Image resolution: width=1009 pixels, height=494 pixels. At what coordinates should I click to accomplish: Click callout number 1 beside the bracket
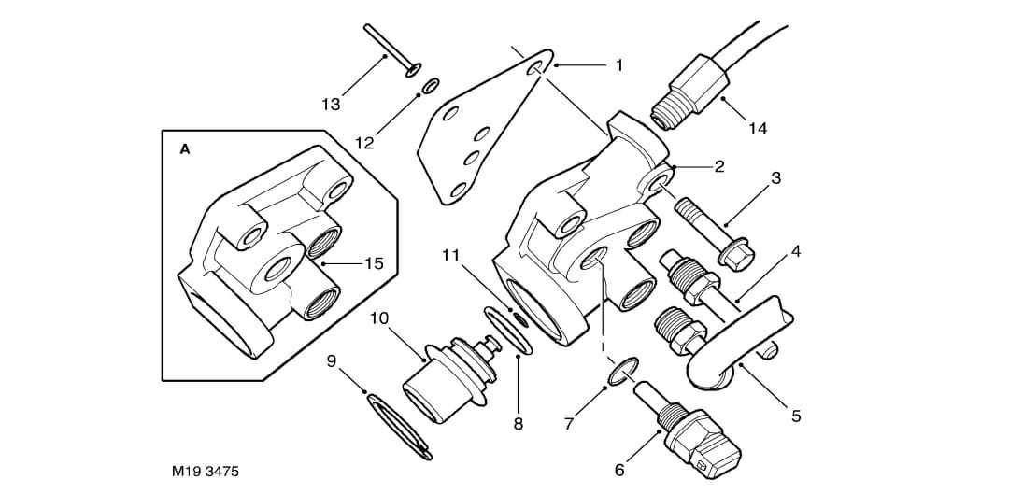point(618,65)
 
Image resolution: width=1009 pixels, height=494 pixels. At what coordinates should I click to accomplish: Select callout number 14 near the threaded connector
point(758,129)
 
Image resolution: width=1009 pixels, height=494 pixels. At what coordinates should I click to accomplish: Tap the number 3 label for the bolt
point(776,177)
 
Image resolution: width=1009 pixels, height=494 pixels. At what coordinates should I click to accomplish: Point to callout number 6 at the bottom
point(619,471)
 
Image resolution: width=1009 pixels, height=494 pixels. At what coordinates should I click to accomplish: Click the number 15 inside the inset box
point(374,263)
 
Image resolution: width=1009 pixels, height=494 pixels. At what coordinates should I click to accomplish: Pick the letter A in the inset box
point(185,149)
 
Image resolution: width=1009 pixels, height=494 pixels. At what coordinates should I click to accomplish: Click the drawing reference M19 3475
point(206,472)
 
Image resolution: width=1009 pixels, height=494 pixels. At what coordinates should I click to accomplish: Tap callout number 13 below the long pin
point(331,105)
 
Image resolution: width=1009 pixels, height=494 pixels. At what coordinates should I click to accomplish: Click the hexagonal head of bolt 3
point(741,256)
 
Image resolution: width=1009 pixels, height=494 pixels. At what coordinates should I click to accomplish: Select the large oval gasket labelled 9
point(398,426)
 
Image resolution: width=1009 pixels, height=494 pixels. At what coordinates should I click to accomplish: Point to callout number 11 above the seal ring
point(451,255)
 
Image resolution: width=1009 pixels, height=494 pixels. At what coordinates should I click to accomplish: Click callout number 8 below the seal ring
point(518,424)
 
